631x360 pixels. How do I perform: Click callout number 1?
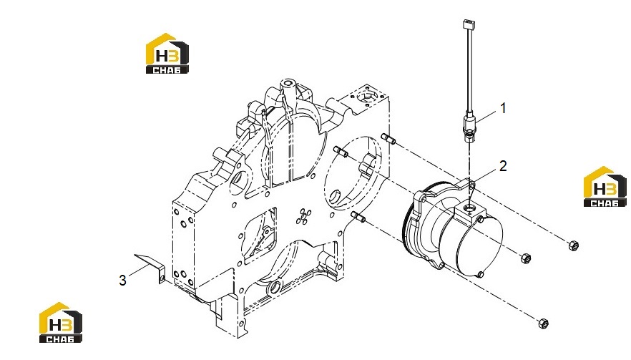[x=503, y=108]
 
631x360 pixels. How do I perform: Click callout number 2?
[x=503, y=166]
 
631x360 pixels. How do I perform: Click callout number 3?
[x=123, y=281]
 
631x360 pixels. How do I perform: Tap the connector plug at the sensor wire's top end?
[x=468, y=24]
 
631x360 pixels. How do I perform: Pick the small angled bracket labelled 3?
[x=150, y=268]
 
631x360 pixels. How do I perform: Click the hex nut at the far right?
[x=574, y=245]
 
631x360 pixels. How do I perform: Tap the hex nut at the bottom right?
[x=543, y=322]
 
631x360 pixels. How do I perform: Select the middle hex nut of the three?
[x=526, y=258]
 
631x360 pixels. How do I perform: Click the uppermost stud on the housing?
[x=388, y=138]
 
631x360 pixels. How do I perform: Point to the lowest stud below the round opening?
[x=358, y=217]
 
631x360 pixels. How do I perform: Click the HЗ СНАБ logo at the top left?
[x=167, y=54]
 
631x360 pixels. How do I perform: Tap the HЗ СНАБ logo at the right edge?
[x=605, y=187]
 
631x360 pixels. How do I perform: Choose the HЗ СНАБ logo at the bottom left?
[x=61, y=323]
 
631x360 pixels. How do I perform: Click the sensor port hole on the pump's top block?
[x=469, y=208]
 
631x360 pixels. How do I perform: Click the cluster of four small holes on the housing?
[x=303, y=216]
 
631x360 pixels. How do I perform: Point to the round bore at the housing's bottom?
[x=276, y=288]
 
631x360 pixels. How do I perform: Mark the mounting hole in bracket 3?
[x=162, y=277]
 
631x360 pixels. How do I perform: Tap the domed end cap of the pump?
[x=479, y=245]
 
